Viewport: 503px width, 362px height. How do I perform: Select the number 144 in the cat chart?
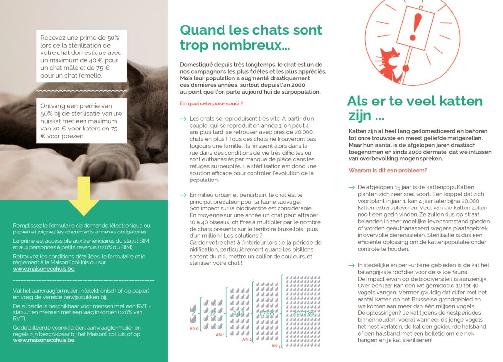click(x=238, y=313)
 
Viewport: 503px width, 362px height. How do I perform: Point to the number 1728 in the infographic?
click(x=266, y=313)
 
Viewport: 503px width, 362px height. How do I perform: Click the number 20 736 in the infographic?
click(x=304, y=313)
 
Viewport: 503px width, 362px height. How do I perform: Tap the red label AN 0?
click(x=194, y=329)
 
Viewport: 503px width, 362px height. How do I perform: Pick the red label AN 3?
click(x=277, y=345)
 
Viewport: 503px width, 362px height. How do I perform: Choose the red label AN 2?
click(x=247, y=339)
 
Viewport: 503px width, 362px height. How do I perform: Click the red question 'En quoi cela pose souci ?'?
click(x=212, y=103)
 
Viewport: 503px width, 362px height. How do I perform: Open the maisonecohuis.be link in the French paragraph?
click(x=44, y=269)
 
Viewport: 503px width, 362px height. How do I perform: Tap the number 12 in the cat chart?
click(x=213, y=313)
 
